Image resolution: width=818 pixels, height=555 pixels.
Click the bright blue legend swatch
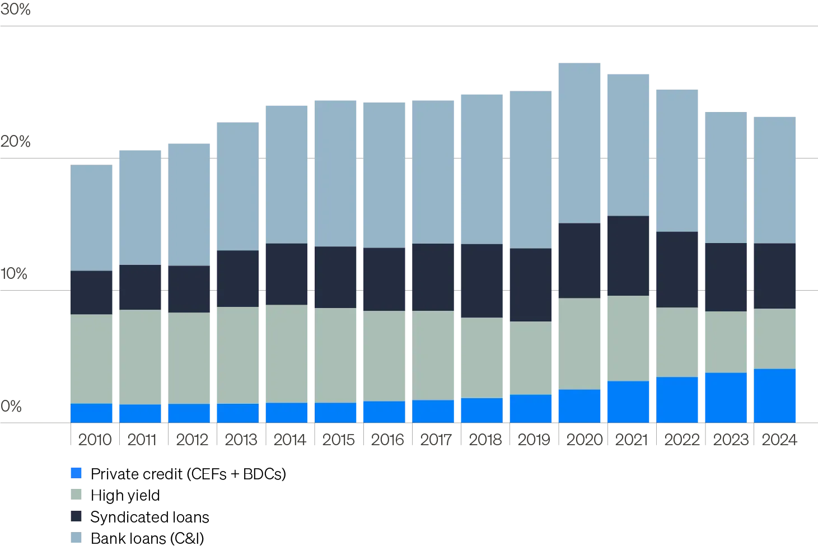(76, 473)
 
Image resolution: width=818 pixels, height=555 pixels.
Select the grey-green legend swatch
(76, 495)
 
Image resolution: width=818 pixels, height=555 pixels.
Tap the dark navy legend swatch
(76, 516)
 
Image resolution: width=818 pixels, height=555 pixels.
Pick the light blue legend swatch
(76, 538)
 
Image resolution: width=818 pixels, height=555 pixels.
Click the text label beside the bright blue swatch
(188, 474)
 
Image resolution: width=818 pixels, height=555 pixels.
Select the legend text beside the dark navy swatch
(149, 516)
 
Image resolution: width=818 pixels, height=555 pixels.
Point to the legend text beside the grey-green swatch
(125, 495)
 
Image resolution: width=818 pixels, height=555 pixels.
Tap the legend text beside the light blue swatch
(147, 538)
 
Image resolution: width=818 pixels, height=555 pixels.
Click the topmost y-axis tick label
(15, 9)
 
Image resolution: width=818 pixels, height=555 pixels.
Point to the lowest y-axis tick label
(11, 405)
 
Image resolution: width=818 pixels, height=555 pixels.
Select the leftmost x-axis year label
(93, 440)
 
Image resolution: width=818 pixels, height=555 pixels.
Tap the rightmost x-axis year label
(782, 440)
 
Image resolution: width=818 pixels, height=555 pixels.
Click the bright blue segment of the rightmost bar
(775, 395)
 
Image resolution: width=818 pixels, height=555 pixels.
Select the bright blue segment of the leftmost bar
(91, 413)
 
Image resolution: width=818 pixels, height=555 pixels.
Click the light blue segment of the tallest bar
(579, 143)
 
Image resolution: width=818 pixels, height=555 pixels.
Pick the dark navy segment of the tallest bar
(579, 260)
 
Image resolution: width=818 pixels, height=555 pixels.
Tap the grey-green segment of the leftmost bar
(91, 358)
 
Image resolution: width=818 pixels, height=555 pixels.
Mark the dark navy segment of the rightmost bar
(775, 276)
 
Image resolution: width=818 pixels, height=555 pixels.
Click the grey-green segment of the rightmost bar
(775, 338)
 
